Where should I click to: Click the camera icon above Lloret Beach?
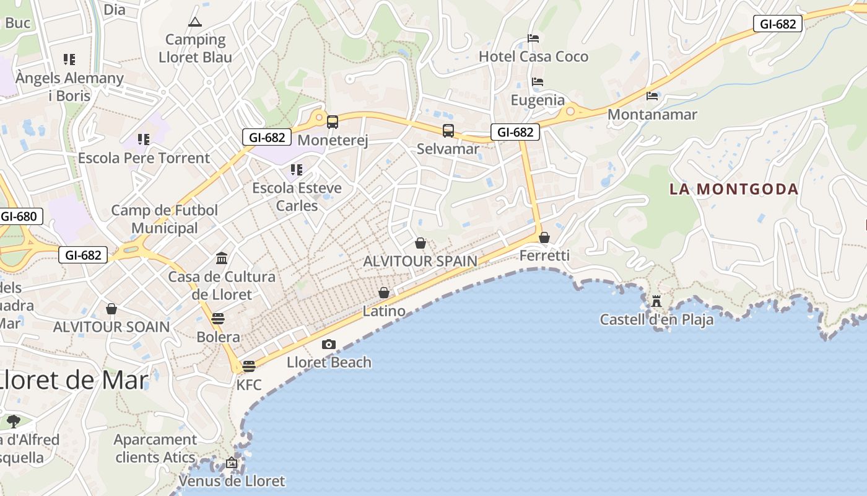tap(329, 345)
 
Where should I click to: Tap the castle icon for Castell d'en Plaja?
tap(656, 301)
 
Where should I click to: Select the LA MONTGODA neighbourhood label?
tap(734, 189)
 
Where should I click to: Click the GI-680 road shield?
tap(21, 216)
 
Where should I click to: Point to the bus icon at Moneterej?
tap(333, 122)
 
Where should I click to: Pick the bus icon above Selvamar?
tap(448, 131)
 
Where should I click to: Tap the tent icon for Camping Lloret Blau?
tap(195, 23)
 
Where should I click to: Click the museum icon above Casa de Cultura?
tap(222, 258)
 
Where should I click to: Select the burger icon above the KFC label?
tap(249, 366)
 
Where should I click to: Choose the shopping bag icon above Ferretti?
tap(544, 237)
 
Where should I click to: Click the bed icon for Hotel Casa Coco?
tap(533, 38)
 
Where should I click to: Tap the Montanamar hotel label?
tap(652, 115)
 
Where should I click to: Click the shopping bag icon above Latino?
tap(384, 293)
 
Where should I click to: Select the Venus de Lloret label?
tap(232, 480)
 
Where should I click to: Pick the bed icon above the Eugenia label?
tap(538, 82)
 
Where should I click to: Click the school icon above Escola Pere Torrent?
tap(144, 139)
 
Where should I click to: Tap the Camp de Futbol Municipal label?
tap(165, 219)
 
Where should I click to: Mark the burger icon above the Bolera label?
tap(217, 319)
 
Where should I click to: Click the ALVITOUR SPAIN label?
tap(420, 261)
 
